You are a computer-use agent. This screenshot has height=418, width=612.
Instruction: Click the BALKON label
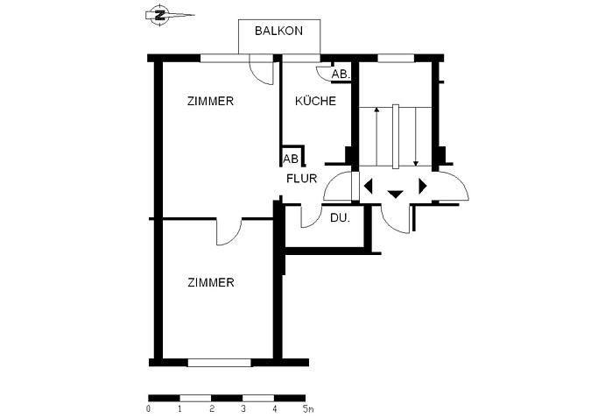tap(278, 31)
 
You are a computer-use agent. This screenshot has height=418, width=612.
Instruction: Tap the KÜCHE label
tap(315, 101)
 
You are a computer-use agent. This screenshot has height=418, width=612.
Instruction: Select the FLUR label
tap(302, 179)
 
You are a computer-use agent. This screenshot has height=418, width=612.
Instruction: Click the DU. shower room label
tap(340, 218)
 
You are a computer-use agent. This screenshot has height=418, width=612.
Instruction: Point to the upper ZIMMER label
tap(210, 101)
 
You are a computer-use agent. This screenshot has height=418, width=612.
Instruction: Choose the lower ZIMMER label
tap(211, 282)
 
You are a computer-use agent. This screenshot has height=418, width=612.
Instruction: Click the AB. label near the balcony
tap(341, 74)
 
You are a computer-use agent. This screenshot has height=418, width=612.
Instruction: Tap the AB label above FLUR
tap(291, 159)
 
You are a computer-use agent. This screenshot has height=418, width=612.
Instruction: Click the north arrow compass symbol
tap(160, 15)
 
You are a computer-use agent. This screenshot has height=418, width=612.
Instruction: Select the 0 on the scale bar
tap(148, 409)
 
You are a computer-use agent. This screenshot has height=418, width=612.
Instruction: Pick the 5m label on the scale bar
tap(308, 409)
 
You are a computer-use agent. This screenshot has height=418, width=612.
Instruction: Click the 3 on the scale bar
tap(243, 409)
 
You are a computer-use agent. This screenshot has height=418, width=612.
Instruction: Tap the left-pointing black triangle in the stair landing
tap(368, 186)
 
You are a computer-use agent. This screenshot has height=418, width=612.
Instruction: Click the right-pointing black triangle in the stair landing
tap(423, 186)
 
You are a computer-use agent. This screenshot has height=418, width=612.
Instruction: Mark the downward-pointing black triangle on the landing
tap(395, 194)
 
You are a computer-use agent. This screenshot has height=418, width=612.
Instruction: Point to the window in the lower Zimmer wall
tap(220, 363)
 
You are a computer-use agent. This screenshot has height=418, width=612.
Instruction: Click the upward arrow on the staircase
tap(376, 137)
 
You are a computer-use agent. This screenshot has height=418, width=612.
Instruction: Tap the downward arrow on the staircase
tap(416, 137)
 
